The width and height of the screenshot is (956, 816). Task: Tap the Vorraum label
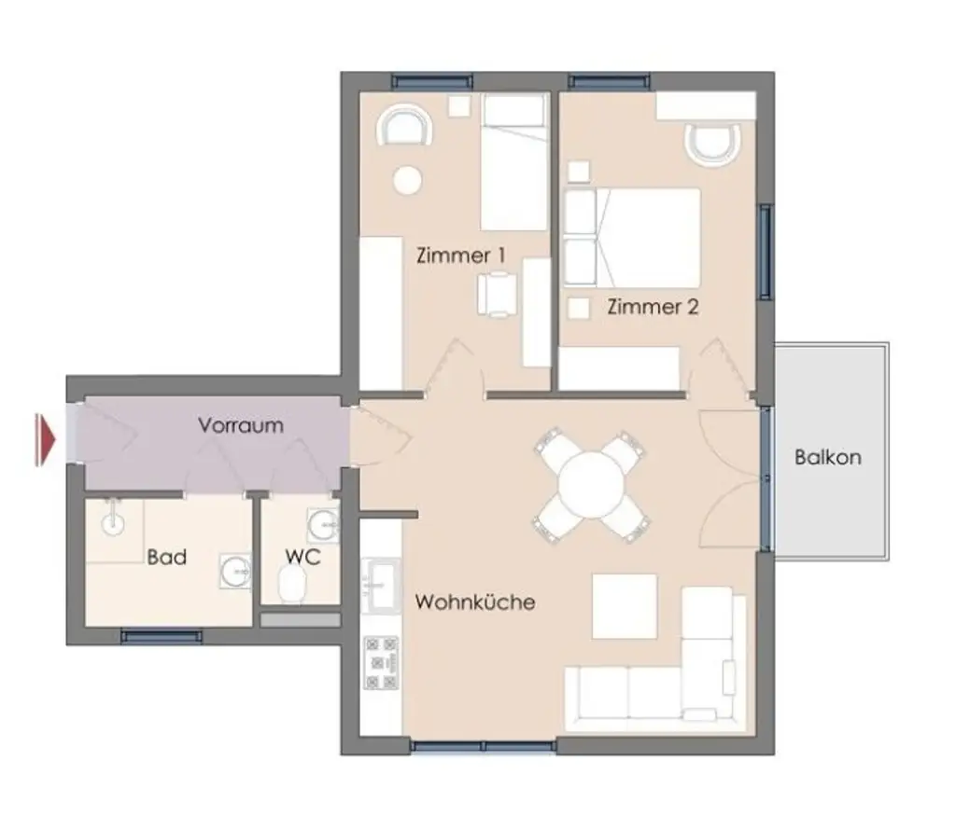(240, 425)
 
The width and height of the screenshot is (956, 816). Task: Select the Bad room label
(167, 558)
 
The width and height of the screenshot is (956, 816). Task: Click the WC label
(302, 558)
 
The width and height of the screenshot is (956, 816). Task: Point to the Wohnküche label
(475, 602)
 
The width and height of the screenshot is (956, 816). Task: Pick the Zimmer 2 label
(653, 306)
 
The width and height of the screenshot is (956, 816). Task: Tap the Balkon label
(828, 458)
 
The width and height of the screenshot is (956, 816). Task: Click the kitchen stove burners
(380, 663)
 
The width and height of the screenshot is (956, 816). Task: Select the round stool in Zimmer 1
(407, 179)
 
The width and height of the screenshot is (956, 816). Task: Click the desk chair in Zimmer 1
(496, 294)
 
